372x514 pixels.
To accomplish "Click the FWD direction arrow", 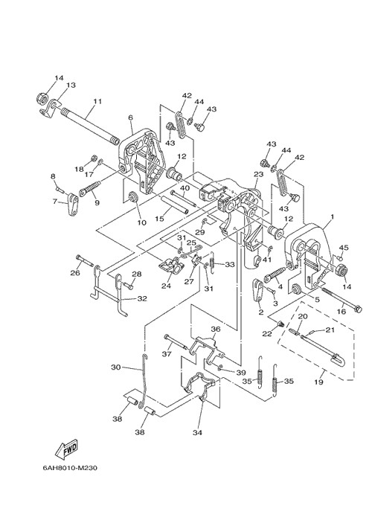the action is [66, 449].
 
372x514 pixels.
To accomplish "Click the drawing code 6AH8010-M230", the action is [69, 468].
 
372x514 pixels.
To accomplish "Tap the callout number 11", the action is [97, 101].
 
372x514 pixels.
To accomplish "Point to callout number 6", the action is [131, 118].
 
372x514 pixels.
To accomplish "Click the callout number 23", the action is [259, 174].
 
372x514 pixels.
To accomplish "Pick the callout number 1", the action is [332, 216].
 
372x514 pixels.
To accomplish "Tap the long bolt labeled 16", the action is [341, 298].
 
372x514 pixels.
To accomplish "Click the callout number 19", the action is [318, 382].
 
